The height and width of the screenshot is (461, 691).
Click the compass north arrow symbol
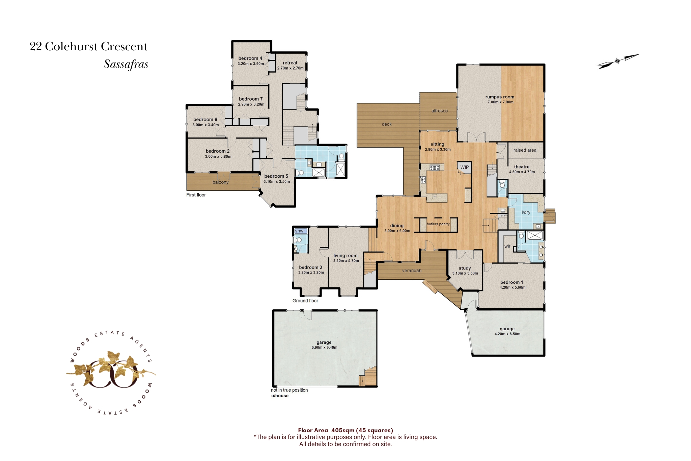tap(618, 61)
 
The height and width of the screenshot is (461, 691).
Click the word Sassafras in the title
tap(126, 64)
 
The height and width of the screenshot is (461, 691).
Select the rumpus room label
tap(500, 97)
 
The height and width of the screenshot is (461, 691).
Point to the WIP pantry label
tap(465, 167)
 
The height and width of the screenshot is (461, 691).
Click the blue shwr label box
tap(301, 231)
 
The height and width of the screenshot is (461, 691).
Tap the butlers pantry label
tap(438, 224)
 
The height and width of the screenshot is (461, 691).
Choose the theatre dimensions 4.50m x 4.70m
tap(522, 172)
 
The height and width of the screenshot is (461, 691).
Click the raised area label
tap(525, 150)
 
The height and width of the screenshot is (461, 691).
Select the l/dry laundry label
tap(526, 212)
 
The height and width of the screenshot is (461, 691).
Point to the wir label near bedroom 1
tap(507, 247)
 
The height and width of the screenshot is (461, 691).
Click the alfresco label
tap(439, 111)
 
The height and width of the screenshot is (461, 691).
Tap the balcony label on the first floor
tap(221, 182)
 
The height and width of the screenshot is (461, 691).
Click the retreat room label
tap(290, 63)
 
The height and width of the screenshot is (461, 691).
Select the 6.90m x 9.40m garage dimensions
tap(324, 348)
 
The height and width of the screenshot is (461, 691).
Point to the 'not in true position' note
tap(289, 390)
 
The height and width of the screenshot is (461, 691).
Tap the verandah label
tap(412, 271)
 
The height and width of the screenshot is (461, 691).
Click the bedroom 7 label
tap(251, 99)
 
